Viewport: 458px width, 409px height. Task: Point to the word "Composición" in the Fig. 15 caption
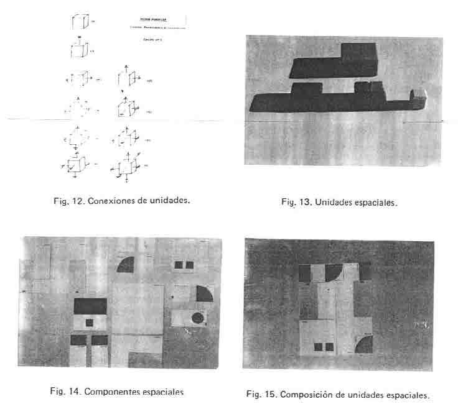pyautogui.click(x=304, y=395)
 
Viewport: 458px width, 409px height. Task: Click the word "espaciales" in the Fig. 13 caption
pyautogui.click(x=374, y=202)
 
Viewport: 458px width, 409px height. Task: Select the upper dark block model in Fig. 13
pyautogui.click(x=337, y=60)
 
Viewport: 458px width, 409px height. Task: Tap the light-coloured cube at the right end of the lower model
pyautogui.click(x=419, y=96)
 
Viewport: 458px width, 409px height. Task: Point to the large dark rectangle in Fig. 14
pyautogui.click(x=91, y=306)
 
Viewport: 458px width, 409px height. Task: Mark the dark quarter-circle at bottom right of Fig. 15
pyautogui.click(x=364, y=345)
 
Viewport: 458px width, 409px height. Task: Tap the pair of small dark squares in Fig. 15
pyautogui.click(x=323, y=347)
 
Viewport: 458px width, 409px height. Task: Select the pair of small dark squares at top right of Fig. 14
pyautogui.click(x=184, y=265)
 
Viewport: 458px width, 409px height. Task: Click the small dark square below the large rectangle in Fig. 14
pyautogui.click(x=90, y=323)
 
